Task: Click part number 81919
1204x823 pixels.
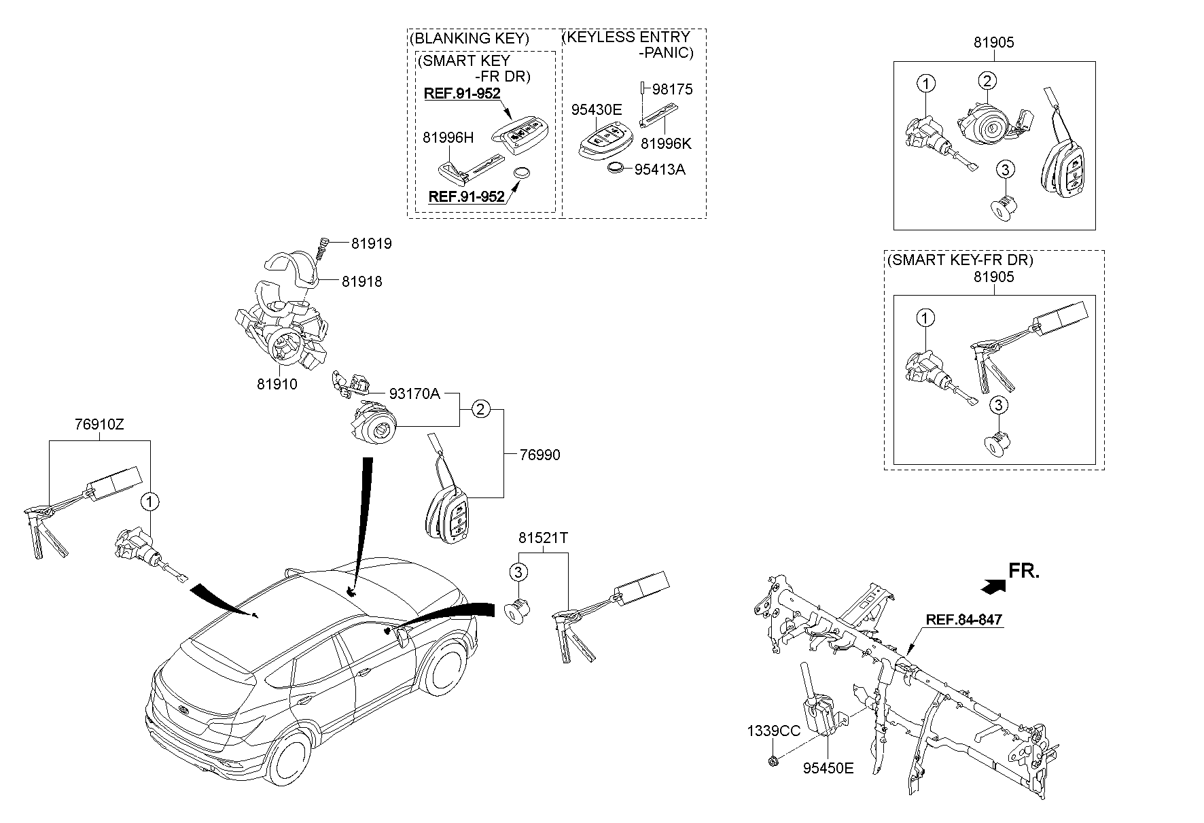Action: coord(372,243)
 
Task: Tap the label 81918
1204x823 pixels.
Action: coord(362,281)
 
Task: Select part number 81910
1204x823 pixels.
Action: coord(277,385)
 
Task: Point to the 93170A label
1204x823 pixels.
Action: coord(414,393)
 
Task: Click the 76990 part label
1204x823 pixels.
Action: coord(540,455)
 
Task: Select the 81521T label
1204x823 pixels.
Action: coord(544,538)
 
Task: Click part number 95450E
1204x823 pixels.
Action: coord(828,769)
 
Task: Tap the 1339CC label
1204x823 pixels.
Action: coord(774,732)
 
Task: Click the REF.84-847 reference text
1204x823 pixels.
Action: coord(964,620)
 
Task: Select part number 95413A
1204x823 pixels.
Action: coord(660,170)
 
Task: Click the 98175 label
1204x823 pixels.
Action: coord(673,89)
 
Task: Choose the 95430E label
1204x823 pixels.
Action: coord(597,110)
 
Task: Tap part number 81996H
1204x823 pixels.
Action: coord(448,138)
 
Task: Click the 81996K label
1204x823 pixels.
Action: coord(667,144)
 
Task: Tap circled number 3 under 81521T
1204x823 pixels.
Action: coord(518,572)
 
